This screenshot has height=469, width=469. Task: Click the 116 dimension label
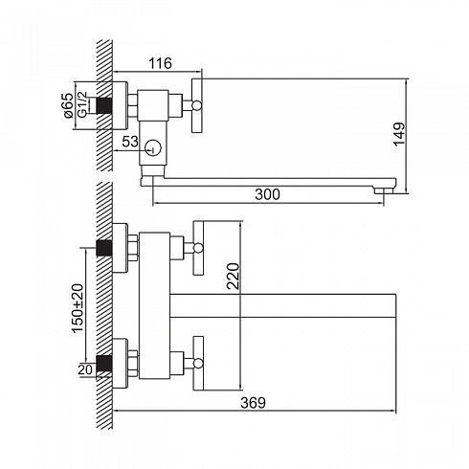[x=160, y=63]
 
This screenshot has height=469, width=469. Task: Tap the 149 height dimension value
[x=399, y=134]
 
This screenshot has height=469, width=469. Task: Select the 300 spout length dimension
[x=267, y=194]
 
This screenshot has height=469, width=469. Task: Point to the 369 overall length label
[x=253, y=403]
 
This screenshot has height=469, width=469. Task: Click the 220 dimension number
[x=233, y=276]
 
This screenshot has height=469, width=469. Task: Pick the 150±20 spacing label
[x=78, y=308]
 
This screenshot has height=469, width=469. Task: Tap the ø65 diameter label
[x=68, y=105]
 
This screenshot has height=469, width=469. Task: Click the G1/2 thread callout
[x=82, y=105]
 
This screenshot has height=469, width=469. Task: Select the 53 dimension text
[x=130, y=142]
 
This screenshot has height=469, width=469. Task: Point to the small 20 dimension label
[x=85, y=369]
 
